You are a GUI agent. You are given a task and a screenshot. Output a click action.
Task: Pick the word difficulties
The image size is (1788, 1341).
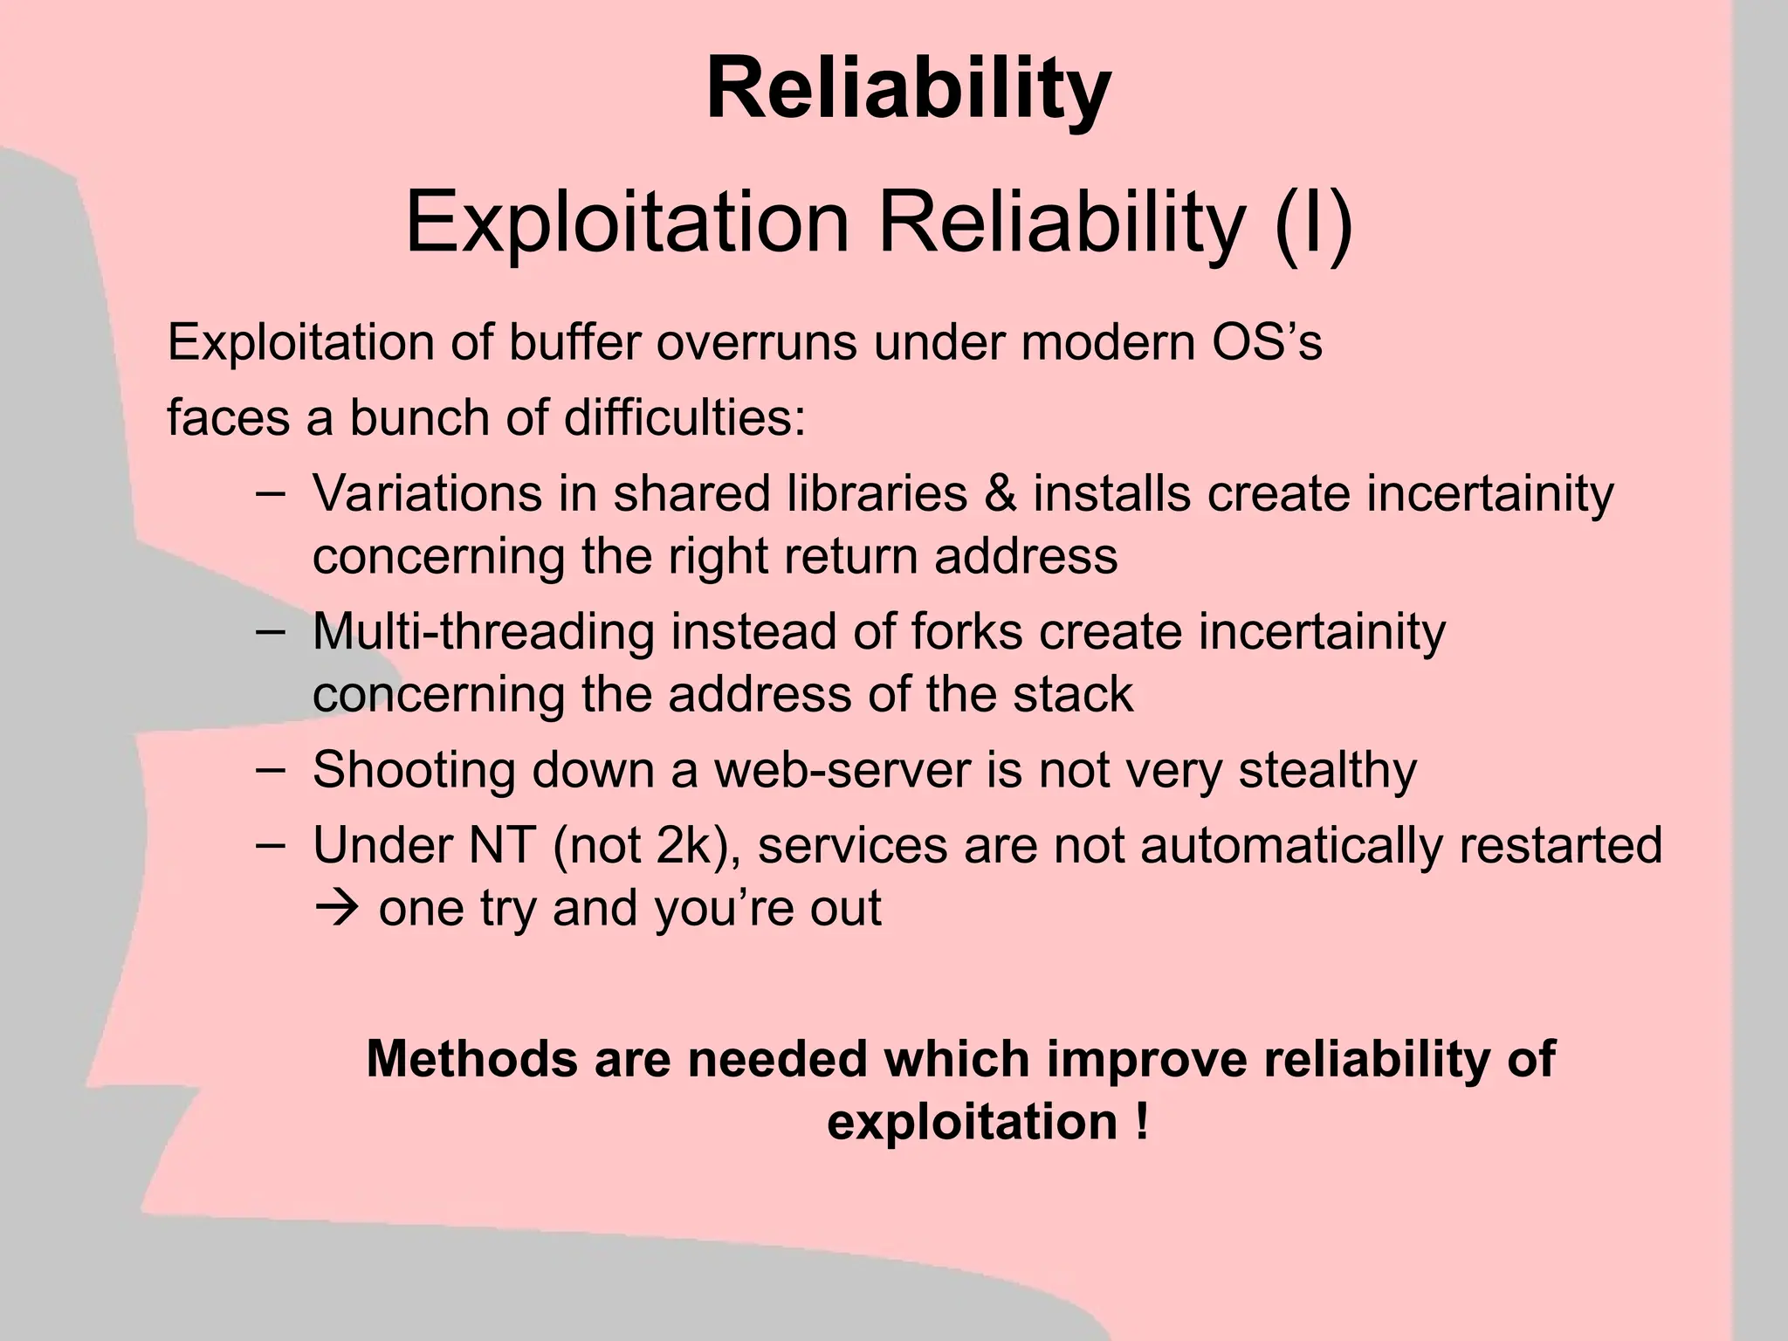(x=684, y=417)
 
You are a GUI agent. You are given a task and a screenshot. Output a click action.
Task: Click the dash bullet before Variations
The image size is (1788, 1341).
(x=271, y=493)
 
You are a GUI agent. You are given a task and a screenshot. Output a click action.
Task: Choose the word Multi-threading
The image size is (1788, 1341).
(x=484, y=631)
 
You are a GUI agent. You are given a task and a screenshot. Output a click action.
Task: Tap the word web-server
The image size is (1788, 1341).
(x=842, y=770)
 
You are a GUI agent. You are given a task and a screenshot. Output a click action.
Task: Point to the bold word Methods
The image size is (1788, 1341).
(x=472, y=1059)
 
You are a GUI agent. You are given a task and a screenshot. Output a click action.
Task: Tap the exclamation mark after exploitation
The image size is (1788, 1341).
(x=1142, y=1122)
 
